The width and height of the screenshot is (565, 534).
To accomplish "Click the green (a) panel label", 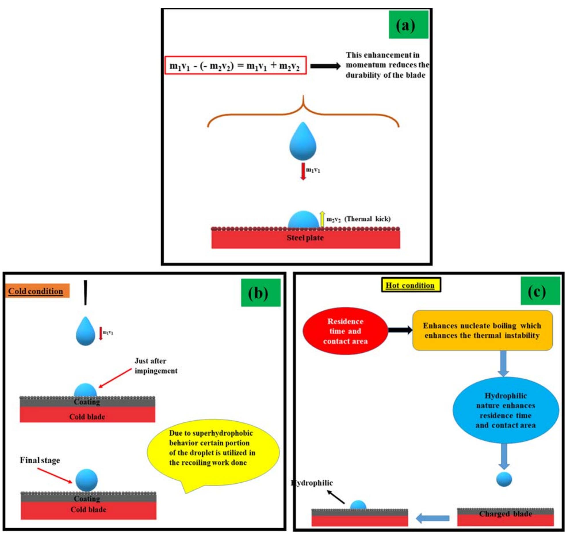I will coord(408,25).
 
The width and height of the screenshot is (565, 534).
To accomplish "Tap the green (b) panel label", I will coord(260,293).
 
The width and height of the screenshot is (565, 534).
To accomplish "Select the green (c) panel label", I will coord(540,291).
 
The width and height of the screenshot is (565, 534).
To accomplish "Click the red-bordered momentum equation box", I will coord(235,65).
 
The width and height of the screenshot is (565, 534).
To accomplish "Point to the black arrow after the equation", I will coord(325,66).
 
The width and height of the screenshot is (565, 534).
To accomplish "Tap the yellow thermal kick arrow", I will coord(322,219).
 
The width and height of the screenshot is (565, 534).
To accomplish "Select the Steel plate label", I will coord(305,238).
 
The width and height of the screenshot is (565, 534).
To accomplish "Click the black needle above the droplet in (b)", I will coord(85,292).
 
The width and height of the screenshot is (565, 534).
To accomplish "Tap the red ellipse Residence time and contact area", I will coord(345,331).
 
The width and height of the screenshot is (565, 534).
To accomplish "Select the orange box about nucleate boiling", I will coord(482,330).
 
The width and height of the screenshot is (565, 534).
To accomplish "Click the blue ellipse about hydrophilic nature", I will coord(505,410).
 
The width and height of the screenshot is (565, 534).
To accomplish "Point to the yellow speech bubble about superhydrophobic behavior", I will coord(212,448).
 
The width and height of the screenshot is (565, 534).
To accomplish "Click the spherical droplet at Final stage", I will coord(86,480).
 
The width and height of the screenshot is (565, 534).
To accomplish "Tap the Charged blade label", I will coord(505,513).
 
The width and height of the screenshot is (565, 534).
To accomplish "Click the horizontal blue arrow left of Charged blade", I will coord(432,518).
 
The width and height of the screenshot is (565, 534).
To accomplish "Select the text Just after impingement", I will coord(156,366).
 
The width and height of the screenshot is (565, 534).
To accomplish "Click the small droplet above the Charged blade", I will coord(504,479).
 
